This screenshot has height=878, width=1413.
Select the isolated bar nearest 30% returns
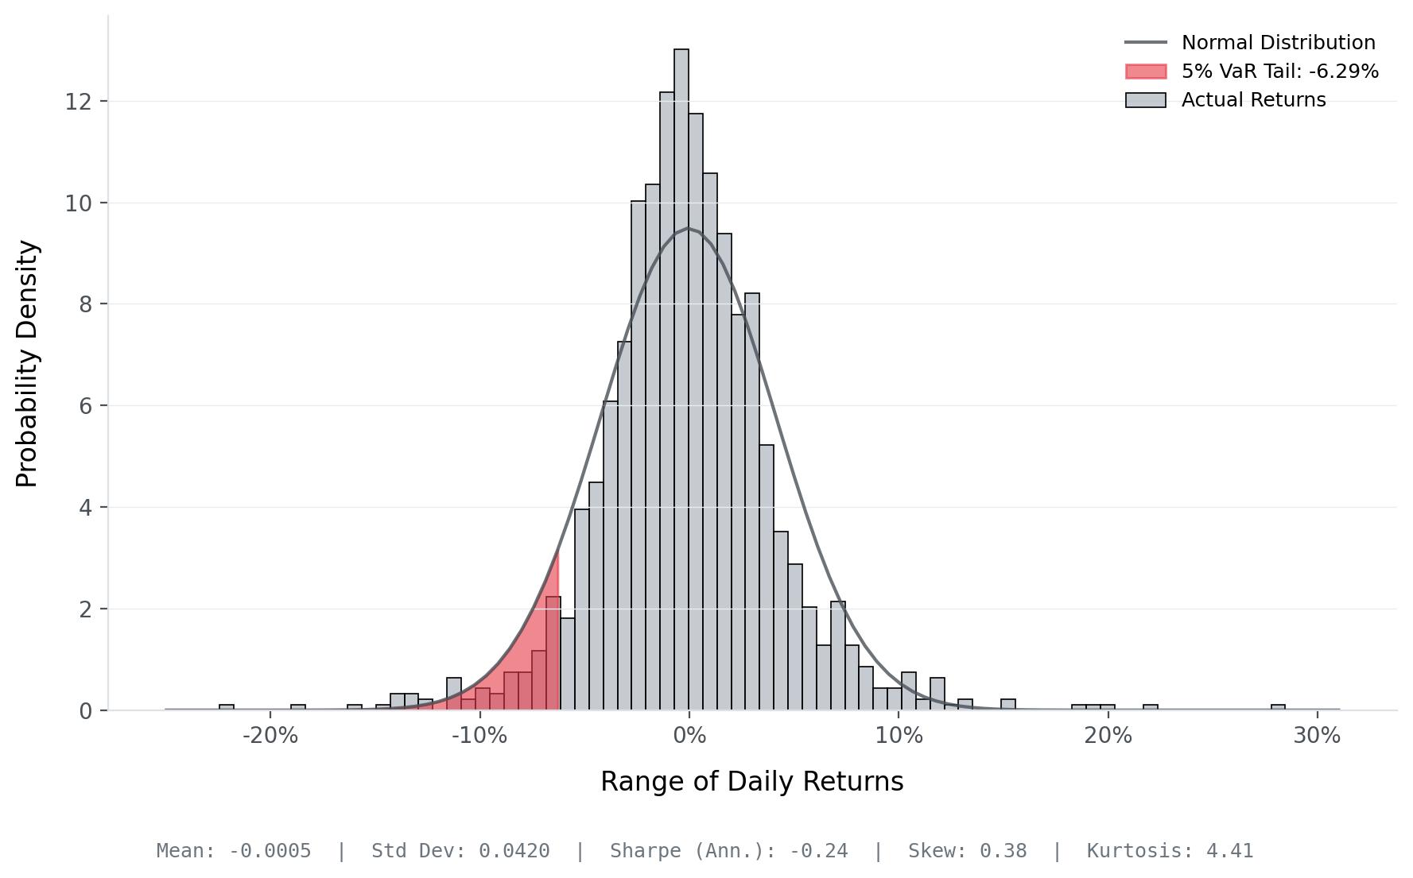click(x=1278, y=707)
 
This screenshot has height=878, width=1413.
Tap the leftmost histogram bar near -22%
click(x=227, y=707)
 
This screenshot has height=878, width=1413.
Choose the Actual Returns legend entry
click(x=1253, y=100)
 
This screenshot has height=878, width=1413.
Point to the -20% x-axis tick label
click(x=270, y=736)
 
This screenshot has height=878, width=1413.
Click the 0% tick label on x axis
click(x=689, y=736)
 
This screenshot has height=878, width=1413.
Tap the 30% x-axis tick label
click(x=1317, y=736)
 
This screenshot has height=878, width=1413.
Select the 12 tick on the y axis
click(x=79, y=102)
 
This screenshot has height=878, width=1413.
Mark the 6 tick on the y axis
click(x=86, y=406)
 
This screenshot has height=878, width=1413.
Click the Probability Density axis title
click(x=28, y=364)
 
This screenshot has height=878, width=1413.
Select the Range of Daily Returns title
click(x=751, y=782)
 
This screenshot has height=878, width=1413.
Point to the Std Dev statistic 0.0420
click(x=514, y=851)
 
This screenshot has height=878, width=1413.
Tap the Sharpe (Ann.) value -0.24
click(x=818, y=851)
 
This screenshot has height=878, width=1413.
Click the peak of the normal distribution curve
click(x=689, y=229)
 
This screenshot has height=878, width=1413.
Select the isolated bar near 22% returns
click(x=1151, y=707)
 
